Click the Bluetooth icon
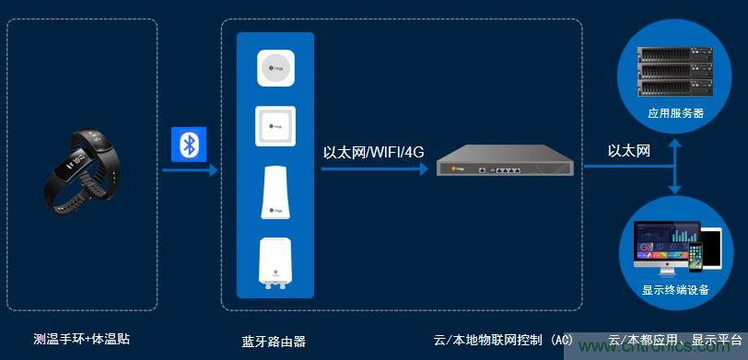pyautogui.click(x=190, y=145)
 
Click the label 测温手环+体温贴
pyautogui.click(x=81, y=339)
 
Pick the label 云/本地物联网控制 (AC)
pyautogui.click(x=503, y=340)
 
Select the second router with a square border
pyautogui.click(x=275, y=126)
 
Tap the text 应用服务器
pyautogui.click(x=677, y=113)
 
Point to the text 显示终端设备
pyautogui.click(x=676, y=289)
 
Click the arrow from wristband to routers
pyautogui.click(x=190, y=169)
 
